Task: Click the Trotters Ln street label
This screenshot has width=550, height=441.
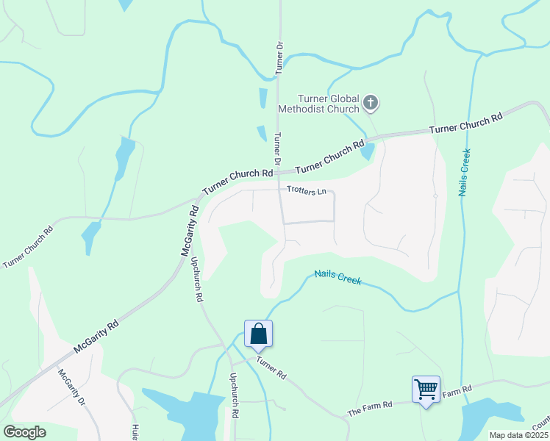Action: [306, 191]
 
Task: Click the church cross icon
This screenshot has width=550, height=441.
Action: [371, 103]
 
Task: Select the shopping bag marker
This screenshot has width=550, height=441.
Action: [258, 334]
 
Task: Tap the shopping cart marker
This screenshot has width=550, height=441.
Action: [426, 388]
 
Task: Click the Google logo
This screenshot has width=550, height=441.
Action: [24, 431]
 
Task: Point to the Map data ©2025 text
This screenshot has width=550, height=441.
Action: [518, 435]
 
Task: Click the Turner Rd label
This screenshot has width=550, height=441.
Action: [271, 367]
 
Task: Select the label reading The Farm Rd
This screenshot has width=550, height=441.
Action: [370, 409]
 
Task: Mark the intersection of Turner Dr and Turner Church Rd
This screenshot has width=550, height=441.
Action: [277, 173]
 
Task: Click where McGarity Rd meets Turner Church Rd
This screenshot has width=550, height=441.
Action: [199, 196]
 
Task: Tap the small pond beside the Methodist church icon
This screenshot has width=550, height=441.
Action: [368, 151]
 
